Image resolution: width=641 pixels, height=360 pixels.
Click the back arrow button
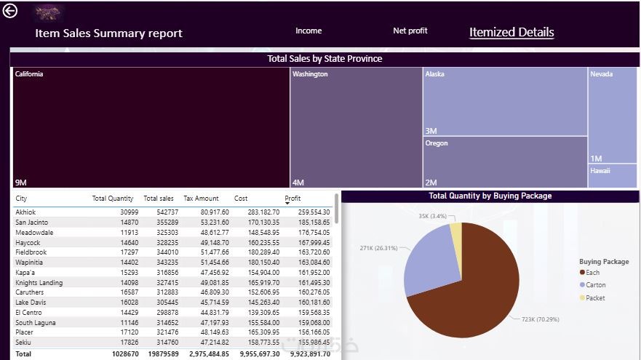(10, 12)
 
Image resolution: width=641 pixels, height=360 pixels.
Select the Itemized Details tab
(511, 32)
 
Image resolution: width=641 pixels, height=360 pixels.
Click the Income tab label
(308, 31)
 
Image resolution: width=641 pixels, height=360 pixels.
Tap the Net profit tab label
(410, 31)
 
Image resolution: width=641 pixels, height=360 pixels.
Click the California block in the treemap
(151, 127)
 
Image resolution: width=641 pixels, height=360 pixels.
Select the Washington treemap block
(356, 127)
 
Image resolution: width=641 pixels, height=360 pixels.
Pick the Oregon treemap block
(505, 161)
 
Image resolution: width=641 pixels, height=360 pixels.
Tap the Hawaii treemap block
(612, 175)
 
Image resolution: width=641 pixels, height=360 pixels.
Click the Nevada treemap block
(612, 115)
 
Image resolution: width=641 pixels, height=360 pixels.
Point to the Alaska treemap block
(505, 101)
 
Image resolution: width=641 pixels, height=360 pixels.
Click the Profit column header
(292, 199)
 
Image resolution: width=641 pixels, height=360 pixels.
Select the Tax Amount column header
(201, 199)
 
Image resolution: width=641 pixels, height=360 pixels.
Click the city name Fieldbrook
(31, 252)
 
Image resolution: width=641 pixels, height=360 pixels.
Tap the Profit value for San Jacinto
(314, 223)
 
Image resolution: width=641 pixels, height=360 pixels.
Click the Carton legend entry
(595, 285)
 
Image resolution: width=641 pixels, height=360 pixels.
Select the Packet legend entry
(594, 298)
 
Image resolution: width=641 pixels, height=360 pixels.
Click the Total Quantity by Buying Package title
(490, 196)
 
